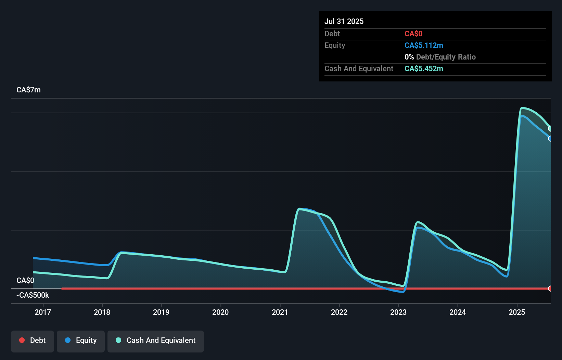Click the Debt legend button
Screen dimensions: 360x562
coord(33,341)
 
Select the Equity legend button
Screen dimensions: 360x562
coord(81,341)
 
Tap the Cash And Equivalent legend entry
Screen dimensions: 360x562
coord(156,341)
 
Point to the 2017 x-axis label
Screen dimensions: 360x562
coord(43,312)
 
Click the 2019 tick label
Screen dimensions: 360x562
coord(161,312)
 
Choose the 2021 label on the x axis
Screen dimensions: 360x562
coord(280,312)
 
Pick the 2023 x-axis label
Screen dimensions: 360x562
coord(398,312)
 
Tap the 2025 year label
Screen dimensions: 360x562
coord(517,312)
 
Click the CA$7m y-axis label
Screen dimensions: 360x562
coord(28,90)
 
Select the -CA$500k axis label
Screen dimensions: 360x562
coord(33,295)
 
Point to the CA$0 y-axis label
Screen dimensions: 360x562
coord(25,281)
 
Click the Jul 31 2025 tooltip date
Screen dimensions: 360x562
coord(344,21)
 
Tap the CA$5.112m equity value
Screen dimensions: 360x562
coord(424,46)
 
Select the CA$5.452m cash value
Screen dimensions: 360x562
coord(424,69)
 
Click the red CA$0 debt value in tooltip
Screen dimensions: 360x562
coord(413,34)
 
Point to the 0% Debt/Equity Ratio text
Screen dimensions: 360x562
coord(440,57)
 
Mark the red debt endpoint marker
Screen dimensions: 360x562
coord(550,288)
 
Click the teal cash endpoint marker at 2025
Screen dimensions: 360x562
coord(550,129)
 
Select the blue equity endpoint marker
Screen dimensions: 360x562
coord(550,139)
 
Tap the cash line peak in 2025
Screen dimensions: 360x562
coord(522,108)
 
